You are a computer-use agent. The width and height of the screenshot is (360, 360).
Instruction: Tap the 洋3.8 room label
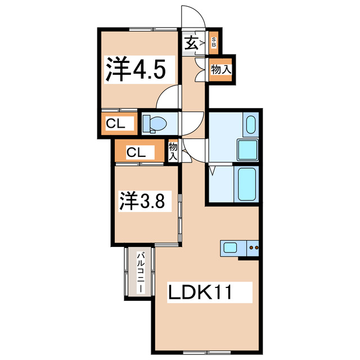point(143,201)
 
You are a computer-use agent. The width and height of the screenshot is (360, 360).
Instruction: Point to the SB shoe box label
point(214,41)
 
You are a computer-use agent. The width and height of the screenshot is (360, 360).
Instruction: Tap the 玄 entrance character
point(191,42)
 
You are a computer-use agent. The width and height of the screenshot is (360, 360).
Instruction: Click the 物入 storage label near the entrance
point(220,70)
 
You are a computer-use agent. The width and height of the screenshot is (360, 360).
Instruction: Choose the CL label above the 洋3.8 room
point(137,152)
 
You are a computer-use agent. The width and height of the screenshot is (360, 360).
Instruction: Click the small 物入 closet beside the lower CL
point(173,151)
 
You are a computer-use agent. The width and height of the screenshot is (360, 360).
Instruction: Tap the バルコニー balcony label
point(138,273)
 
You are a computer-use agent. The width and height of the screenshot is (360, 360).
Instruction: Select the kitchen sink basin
point(231,247)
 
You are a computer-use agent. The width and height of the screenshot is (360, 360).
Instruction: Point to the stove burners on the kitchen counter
point(254,247)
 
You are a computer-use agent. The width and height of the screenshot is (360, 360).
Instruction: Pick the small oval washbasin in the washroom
point(251,124)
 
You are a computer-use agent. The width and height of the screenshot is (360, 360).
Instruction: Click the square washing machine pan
point(247,150)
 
